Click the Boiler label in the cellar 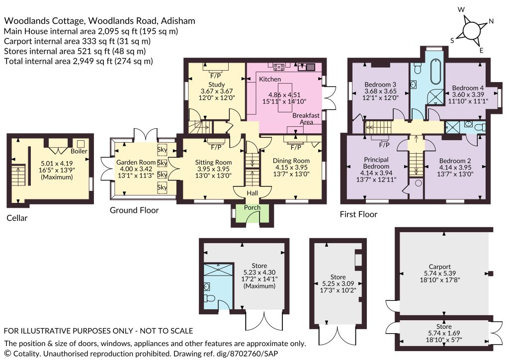coord(79,151)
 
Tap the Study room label coord(217,85)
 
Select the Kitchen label coord(270,79)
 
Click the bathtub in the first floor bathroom coord(435,73)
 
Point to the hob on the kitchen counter coord(279,67)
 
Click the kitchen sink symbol coord(306,67)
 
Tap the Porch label coord(252,207)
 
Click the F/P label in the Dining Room coord(295,148)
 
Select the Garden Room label coord(136,162)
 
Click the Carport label coord(439,267)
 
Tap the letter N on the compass coord(491,21)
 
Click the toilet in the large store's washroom coord(210,298)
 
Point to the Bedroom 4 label coord(468,88)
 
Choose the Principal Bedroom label coord(376,163)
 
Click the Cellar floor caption coord(17,218)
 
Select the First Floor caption coord(358,214)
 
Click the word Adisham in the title coord(178,21)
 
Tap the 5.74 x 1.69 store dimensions coord(444,333)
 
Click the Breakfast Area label coord(306,118)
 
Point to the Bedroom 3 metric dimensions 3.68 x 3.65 coord(380,91)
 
